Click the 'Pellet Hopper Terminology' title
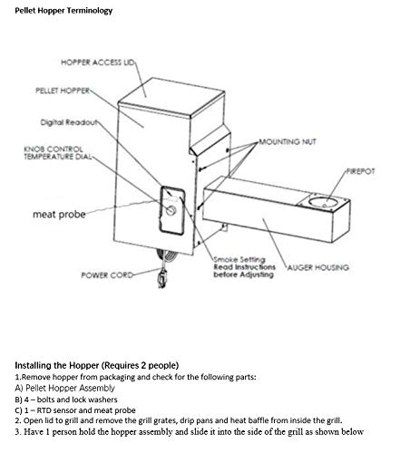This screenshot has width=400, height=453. (x=63, y=11)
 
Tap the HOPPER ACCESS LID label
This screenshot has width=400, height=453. (x=97, y=63)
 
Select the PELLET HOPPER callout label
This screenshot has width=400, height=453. (x=63, y=91)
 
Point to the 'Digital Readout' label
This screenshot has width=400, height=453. (x=69, y=122)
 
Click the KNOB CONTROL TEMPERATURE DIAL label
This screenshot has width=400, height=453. (x=57, y=153)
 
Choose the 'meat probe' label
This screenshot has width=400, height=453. (x=59, y=214)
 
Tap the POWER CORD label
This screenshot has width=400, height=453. (x=107, y=275)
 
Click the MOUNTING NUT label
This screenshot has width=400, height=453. (x=288, y=141)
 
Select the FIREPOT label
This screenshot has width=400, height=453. (x=360, y=171)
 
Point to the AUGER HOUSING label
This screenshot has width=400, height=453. (x=317, y=267)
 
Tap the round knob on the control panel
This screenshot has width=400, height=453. (x=171, y=210)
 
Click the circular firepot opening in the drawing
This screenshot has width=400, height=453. (x=323, y=201)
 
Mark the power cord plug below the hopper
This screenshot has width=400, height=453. (x=162, y=278)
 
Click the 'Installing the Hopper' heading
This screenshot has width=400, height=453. (x=97, y=365)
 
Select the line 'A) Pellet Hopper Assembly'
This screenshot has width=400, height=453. (x=64, y=388)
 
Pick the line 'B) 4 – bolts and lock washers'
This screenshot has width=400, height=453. (x=66, y=400)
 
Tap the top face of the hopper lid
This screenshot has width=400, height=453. (x=171, y=96)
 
